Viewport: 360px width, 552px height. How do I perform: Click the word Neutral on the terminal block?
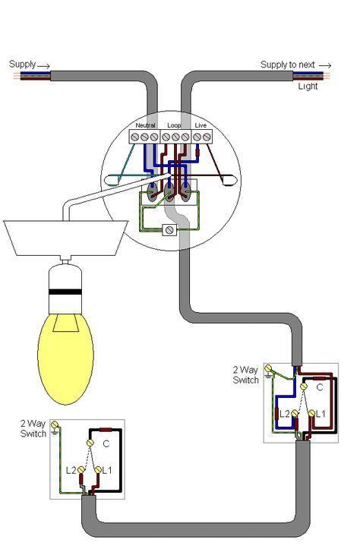pyautogui.click(x=145, y=125)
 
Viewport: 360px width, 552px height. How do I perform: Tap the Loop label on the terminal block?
pyautogui.click(x=174, y=125)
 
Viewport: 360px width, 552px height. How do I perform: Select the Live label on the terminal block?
pyautogui.click(x=201, y=125)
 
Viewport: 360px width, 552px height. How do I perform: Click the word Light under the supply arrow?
pyautogui.click(x=308, y=87)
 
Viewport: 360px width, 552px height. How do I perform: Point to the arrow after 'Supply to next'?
pyautogui.click(x=325, y=65)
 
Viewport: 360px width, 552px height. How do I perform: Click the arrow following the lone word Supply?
pyautogui.click(x=44, y=65)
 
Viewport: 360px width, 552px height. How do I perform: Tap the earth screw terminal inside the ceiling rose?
pyautogui.click(x=169, y=230)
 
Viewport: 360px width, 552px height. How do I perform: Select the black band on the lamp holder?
pyautogui.click(x=65, y=292)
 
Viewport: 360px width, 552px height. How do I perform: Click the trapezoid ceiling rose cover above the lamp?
pyautogui.click(x=65, y=238)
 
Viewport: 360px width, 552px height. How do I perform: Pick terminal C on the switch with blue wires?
pyautogui.click(x=304, y=386)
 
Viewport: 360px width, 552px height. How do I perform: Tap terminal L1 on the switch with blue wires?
pyautogui.click(x=311, y=413)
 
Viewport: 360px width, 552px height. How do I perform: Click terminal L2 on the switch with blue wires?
pyautogui.click(x=295, y=414)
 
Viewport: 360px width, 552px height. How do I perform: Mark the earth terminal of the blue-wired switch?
pyautogui.click(x=268, y=368)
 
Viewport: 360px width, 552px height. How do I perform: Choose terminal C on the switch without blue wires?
pyautogui.click(x=90, y=443)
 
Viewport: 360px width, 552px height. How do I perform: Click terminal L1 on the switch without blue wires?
pyautogui.click(x=98, y=470)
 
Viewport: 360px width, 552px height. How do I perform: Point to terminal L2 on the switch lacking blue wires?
pyautogui.click(x=81, y=470)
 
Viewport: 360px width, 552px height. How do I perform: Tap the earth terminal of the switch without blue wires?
pyautogui.click(x=54, y=424)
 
